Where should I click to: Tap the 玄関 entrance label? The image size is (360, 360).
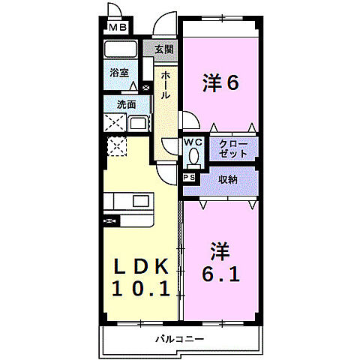[x=164, y=49]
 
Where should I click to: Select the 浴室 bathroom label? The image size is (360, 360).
[x=119, y=74]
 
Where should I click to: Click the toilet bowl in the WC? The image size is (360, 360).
[x=193, y=157]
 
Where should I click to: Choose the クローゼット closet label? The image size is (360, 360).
[x=233, y=148]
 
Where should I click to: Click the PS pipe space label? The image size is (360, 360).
[x=189, y=178]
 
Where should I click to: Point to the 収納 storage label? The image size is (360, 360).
[x=229, y=180]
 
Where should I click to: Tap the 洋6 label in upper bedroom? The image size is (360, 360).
[x=220, y=83]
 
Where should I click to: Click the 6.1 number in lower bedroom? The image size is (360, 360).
[x=220, y=274]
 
